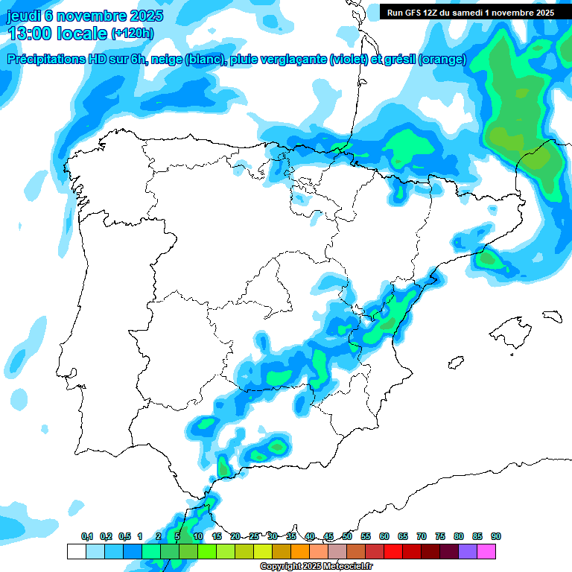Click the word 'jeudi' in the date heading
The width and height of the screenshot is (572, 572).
pos(24,16)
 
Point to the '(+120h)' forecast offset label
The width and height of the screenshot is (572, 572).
pos(133,34)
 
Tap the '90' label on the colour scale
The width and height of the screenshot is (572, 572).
pos(495,536)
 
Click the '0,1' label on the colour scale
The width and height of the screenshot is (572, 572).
pos(86,536)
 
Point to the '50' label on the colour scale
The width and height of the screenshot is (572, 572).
pos(347,536)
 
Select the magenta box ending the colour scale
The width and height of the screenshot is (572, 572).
pos(486,551)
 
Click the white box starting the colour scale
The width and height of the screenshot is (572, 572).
pos(76,551)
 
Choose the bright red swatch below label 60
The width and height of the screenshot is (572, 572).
pos(393,551)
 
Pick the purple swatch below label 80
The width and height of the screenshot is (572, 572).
pos(468,551)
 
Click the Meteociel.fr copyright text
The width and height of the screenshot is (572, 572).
pos(317,567)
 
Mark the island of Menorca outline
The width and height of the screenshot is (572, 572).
pos(552,316)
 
